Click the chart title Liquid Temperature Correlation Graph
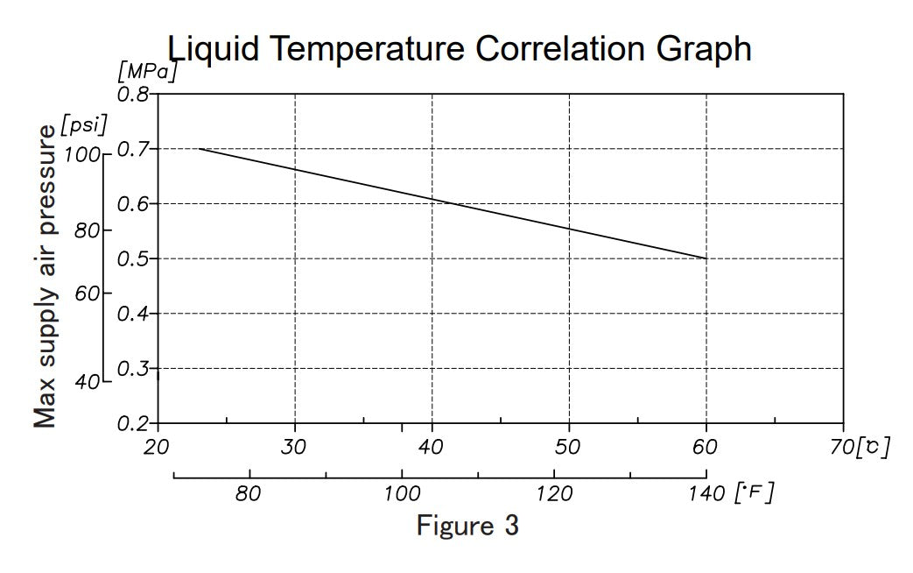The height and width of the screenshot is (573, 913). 459,48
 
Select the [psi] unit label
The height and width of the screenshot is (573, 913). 84,125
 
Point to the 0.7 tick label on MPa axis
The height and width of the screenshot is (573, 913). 133,149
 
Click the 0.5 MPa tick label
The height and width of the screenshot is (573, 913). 133,258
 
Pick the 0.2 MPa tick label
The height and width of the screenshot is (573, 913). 133,423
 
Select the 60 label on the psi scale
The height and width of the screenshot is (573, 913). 87,294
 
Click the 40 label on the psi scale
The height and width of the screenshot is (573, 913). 87,382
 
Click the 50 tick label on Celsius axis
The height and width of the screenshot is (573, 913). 568,448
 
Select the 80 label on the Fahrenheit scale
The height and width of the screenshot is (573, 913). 249,494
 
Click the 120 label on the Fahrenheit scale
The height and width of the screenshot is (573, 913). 554,494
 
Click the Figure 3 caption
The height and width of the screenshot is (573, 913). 467,526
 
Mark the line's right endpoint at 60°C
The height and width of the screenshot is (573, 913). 706,258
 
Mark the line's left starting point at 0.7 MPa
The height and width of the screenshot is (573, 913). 200,149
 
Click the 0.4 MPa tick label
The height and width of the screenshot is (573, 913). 133,314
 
